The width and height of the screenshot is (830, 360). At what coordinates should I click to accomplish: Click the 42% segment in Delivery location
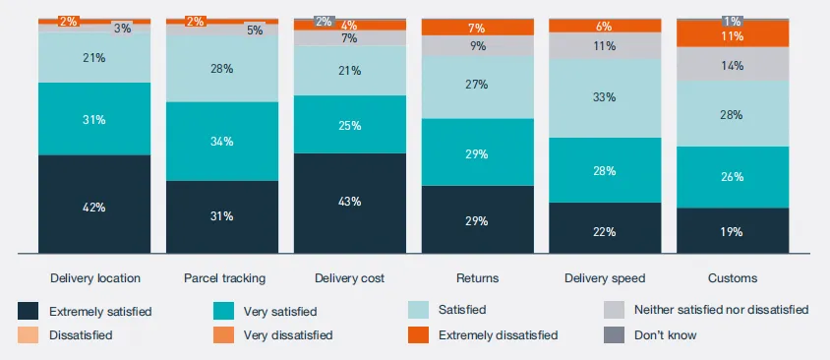coord(94,204)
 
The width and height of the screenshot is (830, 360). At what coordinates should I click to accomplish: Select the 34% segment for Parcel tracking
coord(222,142)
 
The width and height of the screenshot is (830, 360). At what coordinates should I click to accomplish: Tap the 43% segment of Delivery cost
coord(350,204)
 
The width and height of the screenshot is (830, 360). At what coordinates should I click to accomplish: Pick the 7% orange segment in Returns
coord(478,27)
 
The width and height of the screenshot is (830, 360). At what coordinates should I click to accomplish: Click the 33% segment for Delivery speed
coord(605,98)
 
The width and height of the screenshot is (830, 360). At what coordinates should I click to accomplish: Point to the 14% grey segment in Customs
coord(733,64)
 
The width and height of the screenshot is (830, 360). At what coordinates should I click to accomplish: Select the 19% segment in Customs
coord(733,230)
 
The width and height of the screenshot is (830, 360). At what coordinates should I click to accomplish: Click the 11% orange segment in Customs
coord(733,34)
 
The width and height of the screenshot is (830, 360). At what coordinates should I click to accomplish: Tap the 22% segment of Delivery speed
coord(605,227)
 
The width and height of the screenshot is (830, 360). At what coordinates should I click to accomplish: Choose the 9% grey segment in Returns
coord(478,46)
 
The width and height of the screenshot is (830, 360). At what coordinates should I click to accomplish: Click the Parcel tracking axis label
coord(224,278)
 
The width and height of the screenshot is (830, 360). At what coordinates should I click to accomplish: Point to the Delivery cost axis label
coord(350,278)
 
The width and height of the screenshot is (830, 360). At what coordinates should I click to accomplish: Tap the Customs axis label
coord(733,278)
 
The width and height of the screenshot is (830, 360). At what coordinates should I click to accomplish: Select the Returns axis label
coord(478,278)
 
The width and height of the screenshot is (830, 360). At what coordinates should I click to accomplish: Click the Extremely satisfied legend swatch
coord(29,311)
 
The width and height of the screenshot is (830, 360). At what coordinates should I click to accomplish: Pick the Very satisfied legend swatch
coord(223,311)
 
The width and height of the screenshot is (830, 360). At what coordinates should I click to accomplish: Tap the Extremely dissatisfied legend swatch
coord(419,334)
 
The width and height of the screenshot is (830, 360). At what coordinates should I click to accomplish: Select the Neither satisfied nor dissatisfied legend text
coord(722,309)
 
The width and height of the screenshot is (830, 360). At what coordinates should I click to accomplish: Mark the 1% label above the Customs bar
coord(733,22)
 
